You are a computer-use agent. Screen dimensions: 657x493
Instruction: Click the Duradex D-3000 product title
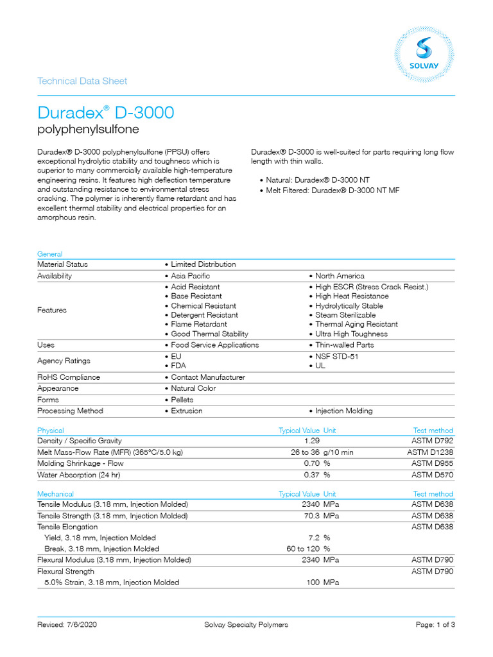105,113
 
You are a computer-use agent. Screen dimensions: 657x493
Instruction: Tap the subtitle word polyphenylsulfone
88,130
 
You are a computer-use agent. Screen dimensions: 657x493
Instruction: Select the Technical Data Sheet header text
82,81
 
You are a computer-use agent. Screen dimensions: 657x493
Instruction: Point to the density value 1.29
311,441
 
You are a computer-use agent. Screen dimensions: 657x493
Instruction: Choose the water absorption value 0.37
311,475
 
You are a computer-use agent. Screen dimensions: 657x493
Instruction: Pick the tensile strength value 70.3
310,516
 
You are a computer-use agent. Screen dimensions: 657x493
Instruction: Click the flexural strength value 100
313,583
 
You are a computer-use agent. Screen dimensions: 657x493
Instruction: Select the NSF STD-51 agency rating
339,355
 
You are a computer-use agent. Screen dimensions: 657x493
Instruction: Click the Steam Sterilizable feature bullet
345,315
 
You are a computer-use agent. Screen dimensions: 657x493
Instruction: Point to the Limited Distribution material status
203,264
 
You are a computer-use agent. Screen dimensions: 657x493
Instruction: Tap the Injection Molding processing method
343,411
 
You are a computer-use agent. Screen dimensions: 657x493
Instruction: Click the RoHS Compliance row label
69,377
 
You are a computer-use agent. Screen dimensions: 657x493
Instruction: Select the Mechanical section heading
55,494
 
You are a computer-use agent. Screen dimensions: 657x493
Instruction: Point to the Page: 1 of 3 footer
435,625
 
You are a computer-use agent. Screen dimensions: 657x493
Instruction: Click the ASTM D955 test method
432,464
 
